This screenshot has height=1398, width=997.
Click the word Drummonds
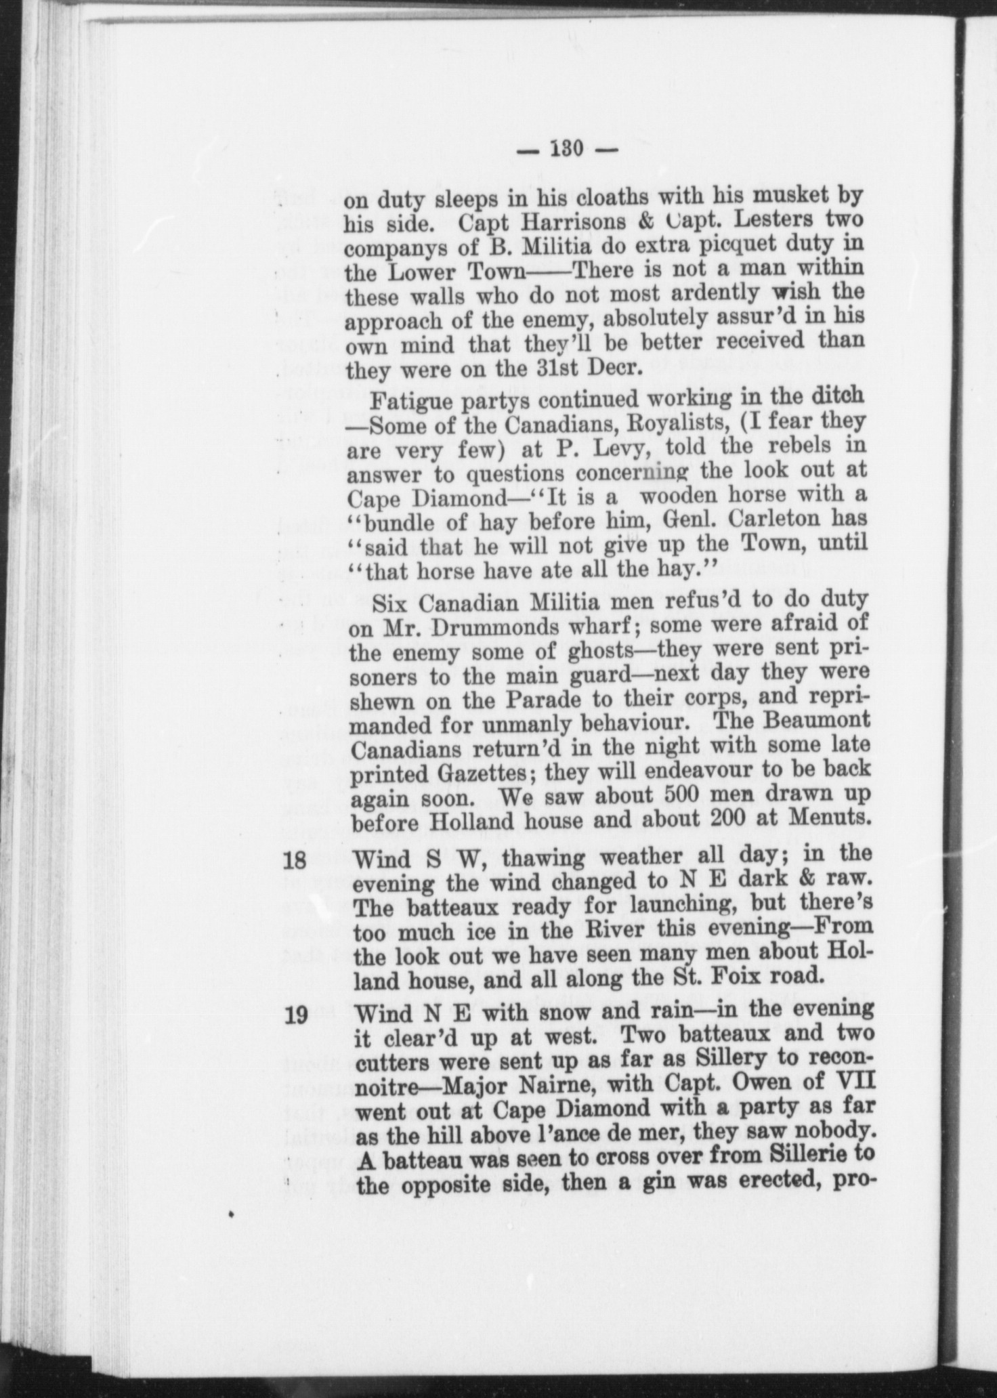point(487,628)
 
